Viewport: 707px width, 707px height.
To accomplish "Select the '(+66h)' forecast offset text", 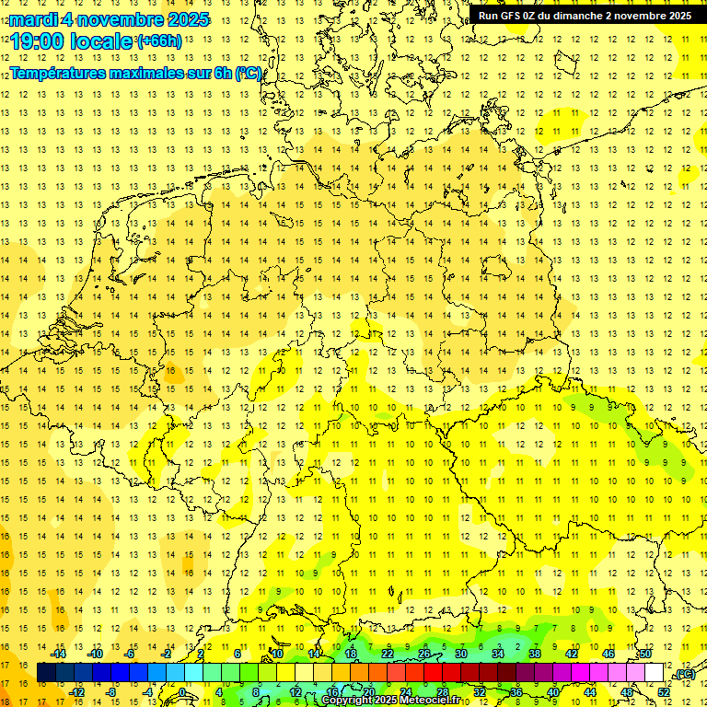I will (158, 41).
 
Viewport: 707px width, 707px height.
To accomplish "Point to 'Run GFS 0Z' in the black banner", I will (508, 16).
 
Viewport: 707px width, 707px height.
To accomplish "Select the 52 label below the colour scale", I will (664, 692).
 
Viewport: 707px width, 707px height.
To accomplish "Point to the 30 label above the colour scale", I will (461, 654).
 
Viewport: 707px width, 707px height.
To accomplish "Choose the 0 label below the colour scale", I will (182, 692).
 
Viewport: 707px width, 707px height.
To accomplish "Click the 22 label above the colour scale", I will (388, 654).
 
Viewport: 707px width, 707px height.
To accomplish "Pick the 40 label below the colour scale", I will (552, 692).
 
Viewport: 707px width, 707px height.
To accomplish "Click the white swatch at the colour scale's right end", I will (654, 673).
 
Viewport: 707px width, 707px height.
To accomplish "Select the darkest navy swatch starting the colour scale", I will (47, 673).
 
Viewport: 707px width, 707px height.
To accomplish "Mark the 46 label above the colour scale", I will (608, 654).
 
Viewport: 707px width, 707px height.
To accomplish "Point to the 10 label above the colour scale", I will (277, 654).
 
